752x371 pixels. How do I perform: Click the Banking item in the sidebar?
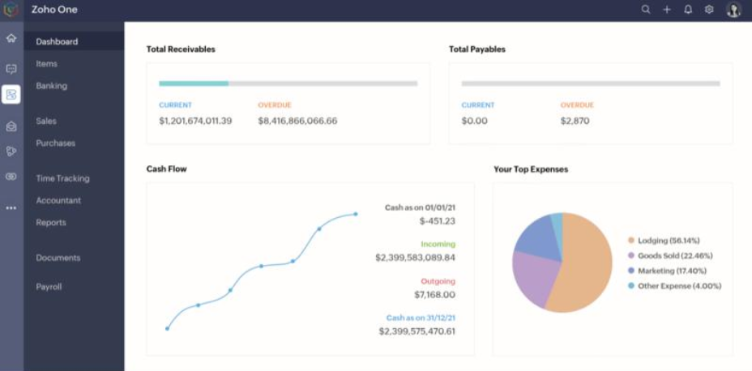coord(51,87)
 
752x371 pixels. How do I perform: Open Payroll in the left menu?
coord(49,287)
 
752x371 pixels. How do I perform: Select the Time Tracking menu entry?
coord(62,178)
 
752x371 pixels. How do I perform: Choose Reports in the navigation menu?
coord(51,223)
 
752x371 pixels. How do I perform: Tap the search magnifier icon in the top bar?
coord(646,10)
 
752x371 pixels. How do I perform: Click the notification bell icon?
coord(688,10)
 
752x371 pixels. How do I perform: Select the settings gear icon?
coord(709,10)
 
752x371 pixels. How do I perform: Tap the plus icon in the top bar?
coord(667,10)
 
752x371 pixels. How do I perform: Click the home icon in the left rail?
coord(11,38)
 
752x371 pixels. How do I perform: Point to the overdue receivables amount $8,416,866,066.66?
coord(297,121)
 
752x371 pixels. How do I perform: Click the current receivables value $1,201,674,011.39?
coord(195,121)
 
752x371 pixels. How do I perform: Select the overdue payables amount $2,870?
coord(575,121)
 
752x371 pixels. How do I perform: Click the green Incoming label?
coord(438,244)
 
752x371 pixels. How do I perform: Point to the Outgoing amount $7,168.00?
coord(435,295)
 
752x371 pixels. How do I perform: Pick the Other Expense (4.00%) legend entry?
coord(674,286)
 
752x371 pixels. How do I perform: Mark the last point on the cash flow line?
coord(356,215)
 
